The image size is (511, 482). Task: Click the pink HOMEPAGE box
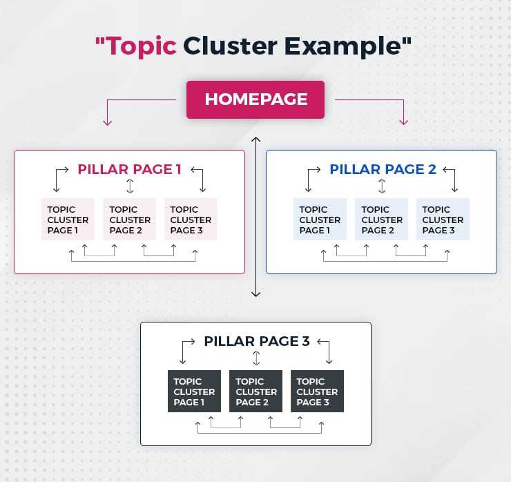256,99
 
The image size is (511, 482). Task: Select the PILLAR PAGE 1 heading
129,169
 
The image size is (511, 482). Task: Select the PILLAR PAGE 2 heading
383,169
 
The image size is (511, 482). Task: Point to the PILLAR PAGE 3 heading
257,341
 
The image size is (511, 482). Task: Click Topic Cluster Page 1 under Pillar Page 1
68,220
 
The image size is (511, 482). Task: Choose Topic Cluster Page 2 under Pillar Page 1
130,220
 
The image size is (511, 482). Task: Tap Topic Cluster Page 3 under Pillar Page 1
191,220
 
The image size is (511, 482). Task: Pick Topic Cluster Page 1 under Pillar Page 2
320,220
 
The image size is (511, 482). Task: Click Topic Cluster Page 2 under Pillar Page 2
382,220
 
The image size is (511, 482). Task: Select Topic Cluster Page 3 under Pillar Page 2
443,220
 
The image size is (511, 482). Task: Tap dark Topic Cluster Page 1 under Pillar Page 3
194,392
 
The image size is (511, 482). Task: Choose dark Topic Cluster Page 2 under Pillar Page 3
256,392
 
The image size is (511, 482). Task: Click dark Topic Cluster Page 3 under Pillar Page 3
317,392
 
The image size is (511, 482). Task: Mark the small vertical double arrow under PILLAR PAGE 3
256,358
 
